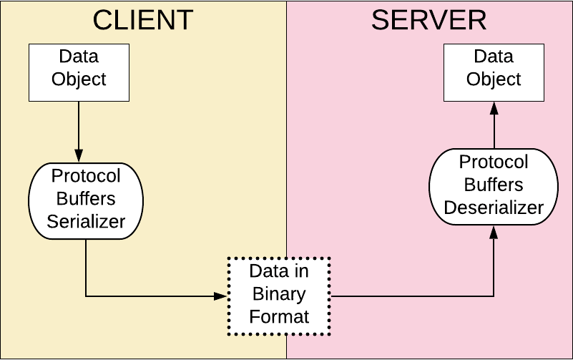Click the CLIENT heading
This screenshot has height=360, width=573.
[x=143, y=20]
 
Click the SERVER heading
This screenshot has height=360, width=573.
[x=428, y=20]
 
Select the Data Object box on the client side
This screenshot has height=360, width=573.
[x=79, y=72]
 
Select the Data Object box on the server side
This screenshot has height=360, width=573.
[x=494, y=72]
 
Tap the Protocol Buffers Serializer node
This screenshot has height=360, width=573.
[x=86, y=199]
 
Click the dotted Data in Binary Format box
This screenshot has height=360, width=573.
[x=279, y=295]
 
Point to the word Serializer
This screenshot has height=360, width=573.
[x=86, y=221]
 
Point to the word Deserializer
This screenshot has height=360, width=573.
[x=494, y=208]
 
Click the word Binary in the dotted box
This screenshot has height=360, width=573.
[x=279, y=294]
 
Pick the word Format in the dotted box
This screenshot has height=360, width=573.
[x=279, y=316]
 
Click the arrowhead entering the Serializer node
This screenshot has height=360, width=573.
[x=79, y=155]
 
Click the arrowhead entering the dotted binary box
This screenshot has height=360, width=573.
[x=221, y=296]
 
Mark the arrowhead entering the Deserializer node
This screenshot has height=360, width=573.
[x=494, y=232]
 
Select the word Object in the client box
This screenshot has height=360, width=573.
[x=79, y=79]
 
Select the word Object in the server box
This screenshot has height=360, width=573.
[x=494, y=79]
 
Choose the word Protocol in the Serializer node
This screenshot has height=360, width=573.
[x=86, y=176]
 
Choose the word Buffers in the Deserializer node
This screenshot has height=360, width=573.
[x=494, y=185]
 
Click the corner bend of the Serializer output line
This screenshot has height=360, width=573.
[x=86, y=296]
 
